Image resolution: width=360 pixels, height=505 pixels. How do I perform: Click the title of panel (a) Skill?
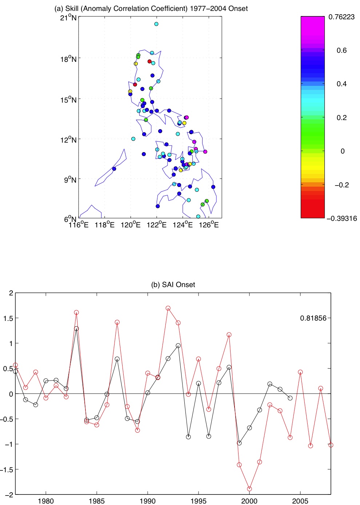[151, 8]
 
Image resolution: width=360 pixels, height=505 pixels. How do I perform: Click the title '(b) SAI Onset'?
[173, 285]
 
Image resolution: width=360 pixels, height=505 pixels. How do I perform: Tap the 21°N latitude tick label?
[68, 18]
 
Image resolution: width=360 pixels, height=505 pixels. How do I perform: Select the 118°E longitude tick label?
[104, 225]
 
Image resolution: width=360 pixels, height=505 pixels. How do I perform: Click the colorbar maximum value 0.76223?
[341, 17]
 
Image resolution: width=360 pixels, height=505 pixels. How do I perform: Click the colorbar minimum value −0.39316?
[341, 218]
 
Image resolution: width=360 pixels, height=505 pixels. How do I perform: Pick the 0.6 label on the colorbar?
[341, 50]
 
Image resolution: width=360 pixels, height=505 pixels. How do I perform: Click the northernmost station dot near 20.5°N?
[156, 24]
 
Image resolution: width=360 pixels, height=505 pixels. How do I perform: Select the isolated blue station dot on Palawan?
[114, 169]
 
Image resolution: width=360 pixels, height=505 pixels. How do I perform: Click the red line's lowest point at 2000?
[249, 489]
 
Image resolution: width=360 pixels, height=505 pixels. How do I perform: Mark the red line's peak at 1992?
[168, 308]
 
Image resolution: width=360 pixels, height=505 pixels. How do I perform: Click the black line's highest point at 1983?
[76, 329]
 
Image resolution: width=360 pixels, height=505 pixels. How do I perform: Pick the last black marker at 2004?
[290, 398]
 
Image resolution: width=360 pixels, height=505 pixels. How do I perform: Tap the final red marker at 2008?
[331, 445]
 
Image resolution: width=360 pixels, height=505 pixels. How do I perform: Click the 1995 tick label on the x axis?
[199, 501]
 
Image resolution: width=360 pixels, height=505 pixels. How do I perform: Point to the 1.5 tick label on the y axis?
[8, 318]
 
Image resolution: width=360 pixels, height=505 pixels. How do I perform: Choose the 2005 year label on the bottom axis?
[300, 501]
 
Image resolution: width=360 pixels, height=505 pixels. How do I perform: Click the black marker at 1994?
[188, 437]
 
